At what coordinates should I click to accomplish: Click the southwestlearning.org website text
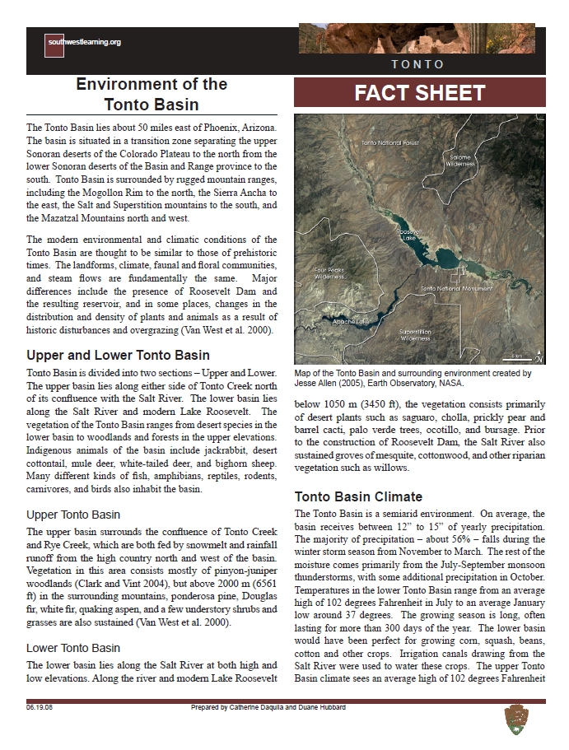85,42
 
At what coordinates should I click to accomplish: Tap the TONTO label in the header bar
417,64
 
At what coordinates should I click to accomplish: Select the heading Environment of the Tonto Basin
151,94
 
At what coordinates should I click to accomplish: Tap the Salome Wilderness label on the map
460,160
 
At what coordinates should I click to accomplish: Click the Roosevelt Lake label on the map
409,236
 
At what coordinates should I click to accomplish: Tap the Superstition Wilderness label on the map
414,333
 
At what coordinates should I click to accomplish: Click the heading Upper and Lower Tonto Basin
118,356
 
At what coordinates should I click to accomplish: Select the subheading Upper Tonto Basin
73,515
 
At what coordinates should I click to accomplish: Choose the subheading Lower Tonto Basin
73,648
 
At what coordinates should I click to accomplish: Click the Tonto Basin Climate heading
358,496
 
